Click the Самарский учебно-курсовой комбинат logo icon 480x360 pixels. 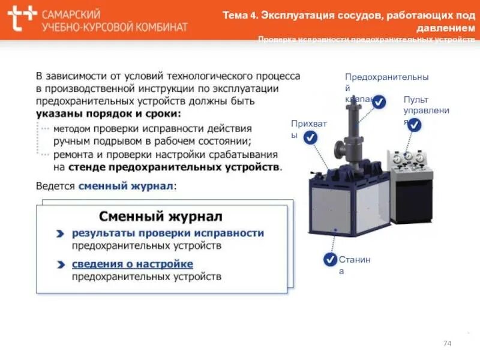[x=22, y=19]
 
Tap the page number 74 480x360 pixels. [x=446, y=343]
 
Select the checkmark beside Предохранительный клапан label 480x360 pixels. [x=379, y=102]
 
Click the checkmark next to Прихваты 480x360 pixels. [x=310, y=137]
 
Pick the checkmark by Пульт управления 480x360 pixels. [x=414, y=125]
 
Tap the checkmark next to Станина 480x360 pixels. [x=330, y=259]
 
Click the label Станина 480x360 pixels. [x=354, y=265]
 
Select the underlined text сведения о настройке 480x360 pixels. [x=133, y=264]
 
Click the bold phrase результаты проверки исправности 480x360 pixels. [x=168, y=233]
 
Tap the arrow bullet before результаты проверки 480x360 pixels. [x=61, y=233]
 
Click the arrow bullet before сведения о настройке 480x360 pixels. [x=61, y=265]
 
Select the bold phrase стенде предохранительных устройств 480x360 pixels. [x=174, y=166]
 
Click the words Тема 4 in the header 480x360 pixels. [x=240, y=15]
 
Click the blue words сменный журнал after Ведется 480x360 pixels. [x=125, y=186]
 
